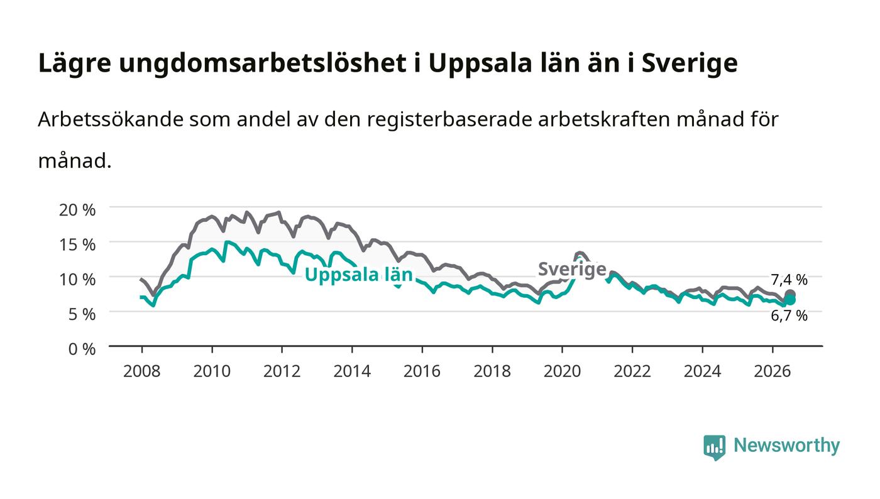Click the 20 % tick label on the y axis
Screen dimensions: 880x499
coord(77,210)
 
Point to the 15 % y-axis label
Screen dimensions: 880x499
coord(77,244)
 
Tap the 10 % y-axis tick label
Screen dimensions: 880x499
coord(77,280)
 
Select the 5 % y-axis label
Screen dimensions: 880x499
coord(82,314)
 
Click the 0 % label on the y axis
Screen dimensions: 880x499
coord(82,349)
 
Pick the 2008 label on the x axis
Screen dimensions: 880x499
coord(142,371)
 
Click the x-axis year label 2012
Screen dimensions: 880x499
coord(282,371)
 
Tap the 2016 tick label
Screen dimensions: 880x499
coord(422,371)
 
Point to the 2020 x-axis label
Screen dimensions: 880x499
coord(562,371)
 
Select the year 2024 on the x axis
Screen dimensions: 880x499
coord(703,371)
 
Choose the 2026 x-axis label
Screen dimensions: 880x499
coord(773,371)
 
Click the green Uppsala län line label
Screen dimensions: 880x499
coord(359,275)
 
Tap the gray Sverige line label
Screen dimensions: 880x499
coord(572,270)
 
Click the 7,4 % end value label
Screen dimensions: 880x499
coord(789,280)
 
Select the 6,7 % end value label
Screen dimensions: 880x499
coord(789,315)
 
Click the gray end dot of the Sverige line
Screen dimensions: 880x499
coord(790,294)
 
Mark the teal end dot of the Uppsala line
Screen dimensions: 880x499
coord(791,300)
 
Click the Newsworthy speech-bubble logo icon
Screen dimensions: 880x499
coord(714,447)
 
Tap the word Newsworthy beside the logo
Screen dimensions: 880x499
coord(786,446)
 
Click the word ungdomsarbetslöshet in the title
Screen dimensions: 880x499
coord(263,63)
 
